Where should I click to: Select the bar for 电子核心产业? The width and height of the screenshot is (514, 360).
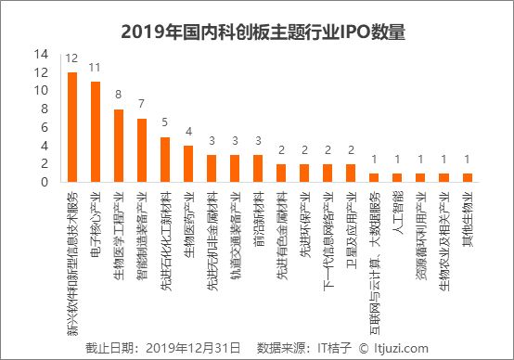pyautogui.click(x=96, y=132)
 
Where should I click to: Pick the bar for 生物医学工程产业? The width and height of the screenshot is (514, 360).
pyautogui.click(x=119, y=146)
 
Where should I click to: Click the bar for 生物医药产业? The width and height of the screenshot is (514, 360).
pyautogui.click(x=188, y=163)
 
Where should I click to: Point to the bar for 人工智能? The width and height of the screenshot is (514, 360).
pyautogui.click(x=397, y=177)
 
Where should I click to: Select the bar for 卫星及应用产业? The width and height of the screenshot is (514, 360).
pyautogui.click(x=351, y=173)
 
